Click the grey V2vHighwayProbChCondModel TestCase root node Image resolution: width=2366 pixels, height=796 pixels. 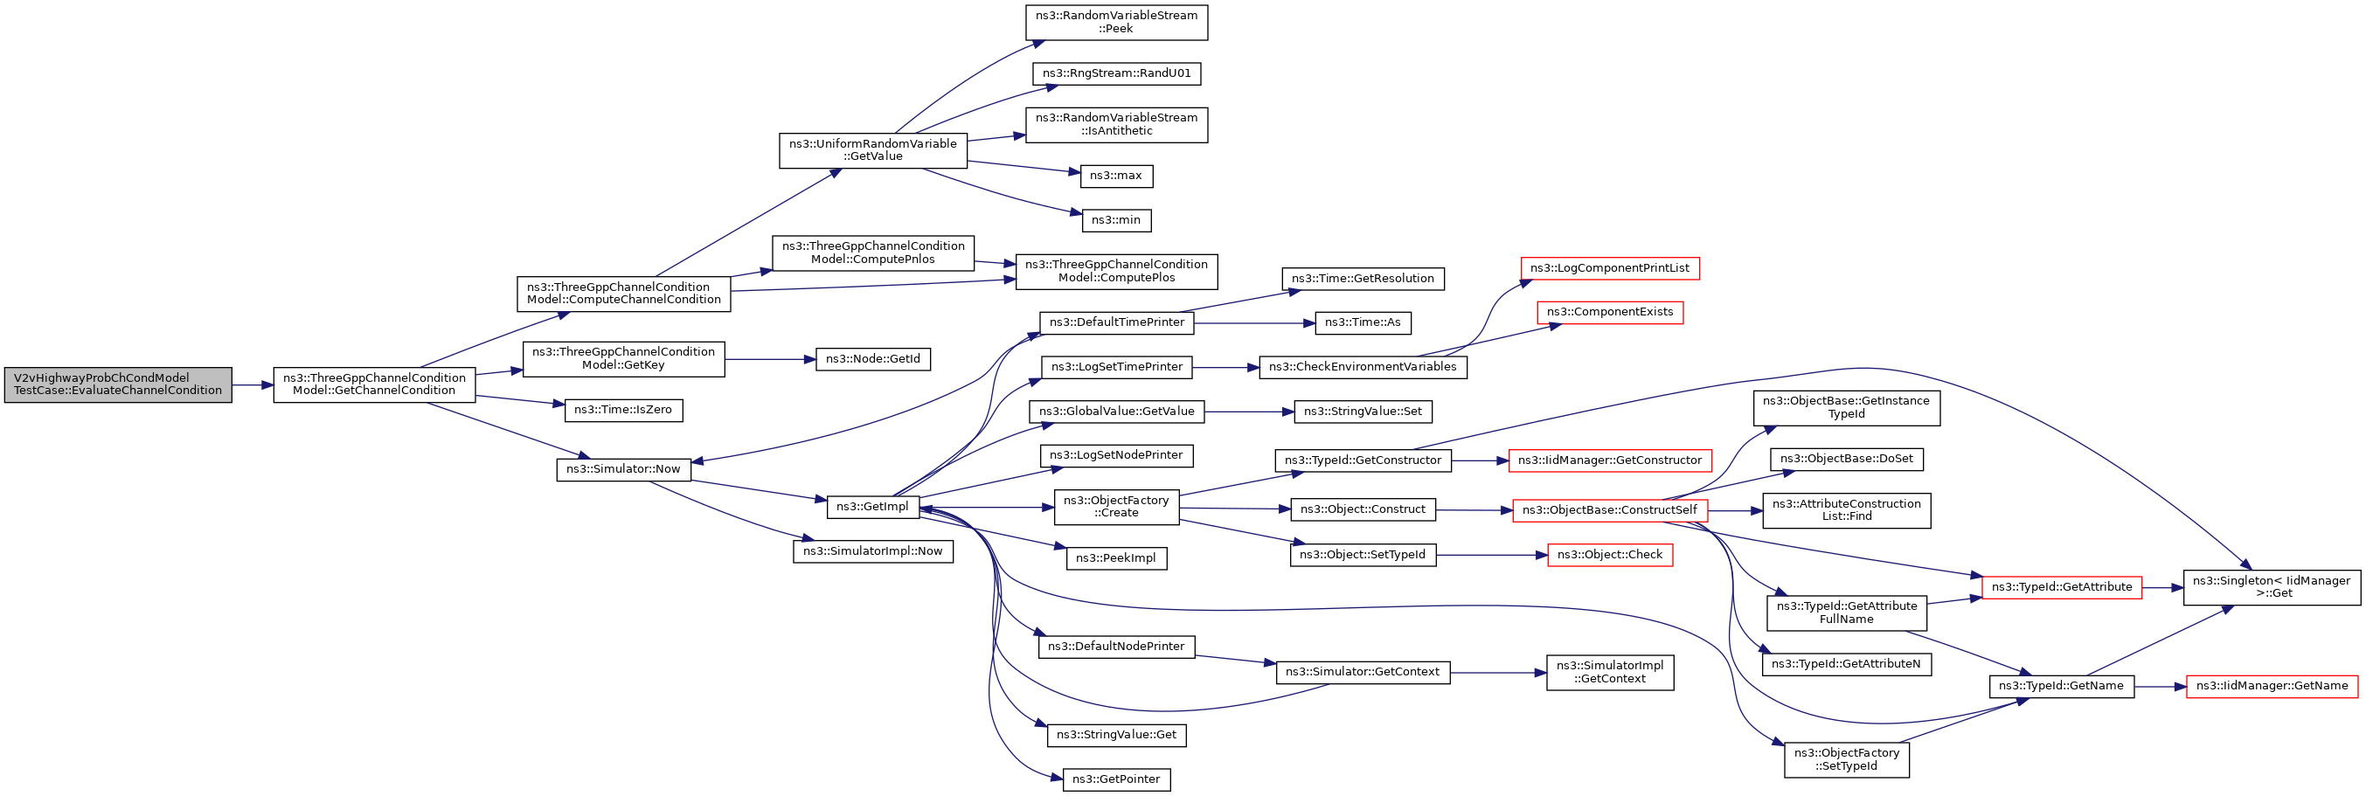(x=118, y=384)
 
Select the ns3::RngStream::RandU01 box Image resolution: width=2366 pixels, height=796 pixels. (x=1116, y=73)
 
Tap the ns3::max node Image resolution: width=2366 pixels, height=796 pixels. (x=1116, y=176)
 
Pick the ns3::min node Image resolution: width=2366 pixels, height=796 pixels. (x=1116, y=220)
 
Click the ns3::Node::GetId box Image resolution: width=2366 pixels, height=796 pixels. (x=872, y=359)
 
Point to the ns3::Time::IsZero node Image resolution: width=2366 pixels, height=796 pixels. (x=622, y=411)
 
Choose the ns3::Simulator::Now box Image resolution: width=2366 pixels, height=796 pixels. (x=622, y=469)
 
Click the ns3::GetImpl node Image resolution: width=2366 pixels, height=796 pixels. (x=872, y=507)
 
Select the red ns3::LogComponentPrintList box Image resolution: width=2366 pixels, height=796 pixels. (x=1609, y=268)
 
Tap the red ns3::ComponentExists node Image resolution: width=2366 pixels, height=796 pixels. (x=1609, y=312)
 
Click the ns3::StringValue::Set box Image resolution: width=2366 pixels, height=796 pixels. (x=1362, y=412)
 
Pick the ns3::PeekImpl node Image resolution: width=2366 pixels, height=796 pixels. (x=1116, y=558)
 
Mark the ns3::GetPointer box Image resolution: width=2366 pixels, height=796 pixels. (x=1116, y=779)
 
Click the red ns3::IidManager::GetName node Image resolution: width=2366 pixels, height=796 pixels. (x=2272, y=686)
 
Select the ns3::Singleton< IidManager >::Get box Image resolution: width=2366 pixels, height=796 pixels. (x=2272, y=587)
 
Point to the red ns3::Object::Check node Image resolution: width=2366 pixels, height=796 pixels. (x=1609, y=555)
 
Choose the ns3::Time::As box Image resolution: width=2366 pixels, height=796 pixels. (x=1362, y=323)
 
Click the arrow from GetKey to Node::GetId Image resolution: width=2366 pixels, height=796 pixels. (x=770, y=359)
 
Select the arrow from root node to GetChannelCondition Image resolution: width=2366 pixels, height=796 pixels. (x=253, y=385)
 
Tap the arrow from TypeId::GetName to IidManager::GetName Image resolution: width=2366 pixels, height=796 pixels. (x=2161, y=686)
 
